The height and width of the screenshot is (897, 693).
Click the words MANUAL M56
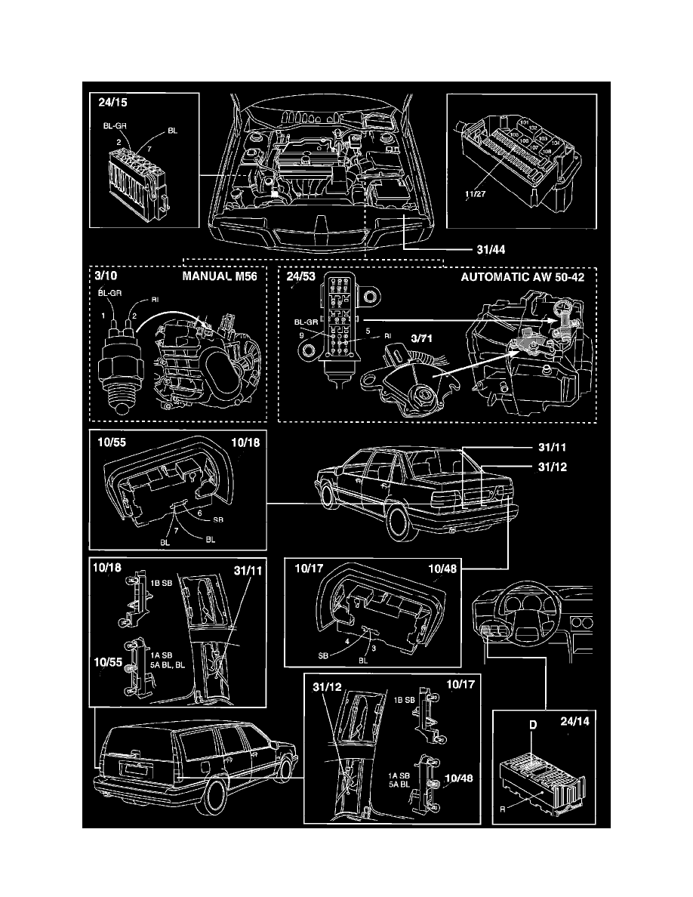click(225, 277)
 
